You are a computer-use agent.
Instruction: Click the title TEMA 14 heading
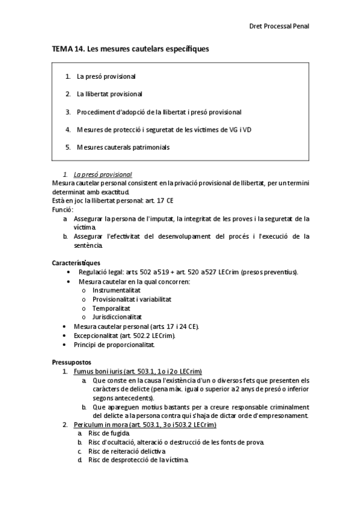130,49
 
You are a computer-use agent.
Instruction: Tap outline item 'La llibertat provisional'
109,94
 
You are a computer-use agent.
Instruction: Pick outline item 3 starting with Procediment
159,112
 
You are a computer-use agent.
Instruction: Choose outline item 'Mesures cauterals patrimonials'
123,147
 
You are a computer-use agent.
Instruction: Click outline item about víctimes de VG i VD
163,129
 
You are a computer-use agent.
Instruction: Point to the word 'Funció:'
63,210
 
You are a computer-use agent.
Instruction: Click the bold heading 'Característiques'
76,263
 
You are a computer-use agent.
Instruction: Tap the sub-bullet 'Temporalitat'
112,307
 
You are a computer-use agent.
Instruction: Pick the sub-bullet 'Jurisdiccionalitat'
117,316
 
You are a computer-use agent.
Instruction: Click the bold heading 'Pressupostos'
72,362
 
